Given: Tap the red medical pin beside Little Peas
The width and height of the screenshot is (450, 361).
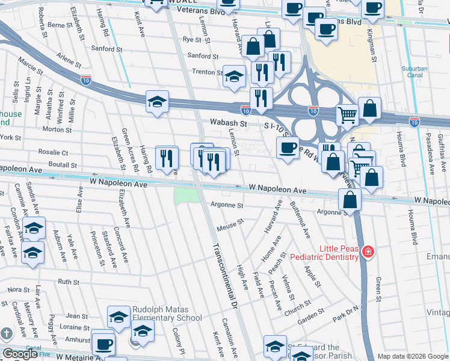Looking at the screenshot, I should point(367,251).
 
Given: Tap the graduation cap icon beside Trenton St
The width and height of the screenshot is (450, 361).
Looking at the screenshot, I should point(234,76).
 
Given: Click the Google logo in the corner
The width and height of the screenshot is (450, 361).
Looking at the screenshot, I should point(20,354).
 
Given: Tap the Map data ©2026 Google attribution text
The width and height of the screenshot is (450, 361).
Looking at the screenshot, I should point(413,356).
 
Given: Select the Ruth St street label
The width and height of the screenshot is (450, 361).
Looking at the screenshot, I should point(68,282).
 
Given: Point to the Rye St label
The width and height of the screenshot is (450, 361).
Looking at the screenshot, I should point(191,40).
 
